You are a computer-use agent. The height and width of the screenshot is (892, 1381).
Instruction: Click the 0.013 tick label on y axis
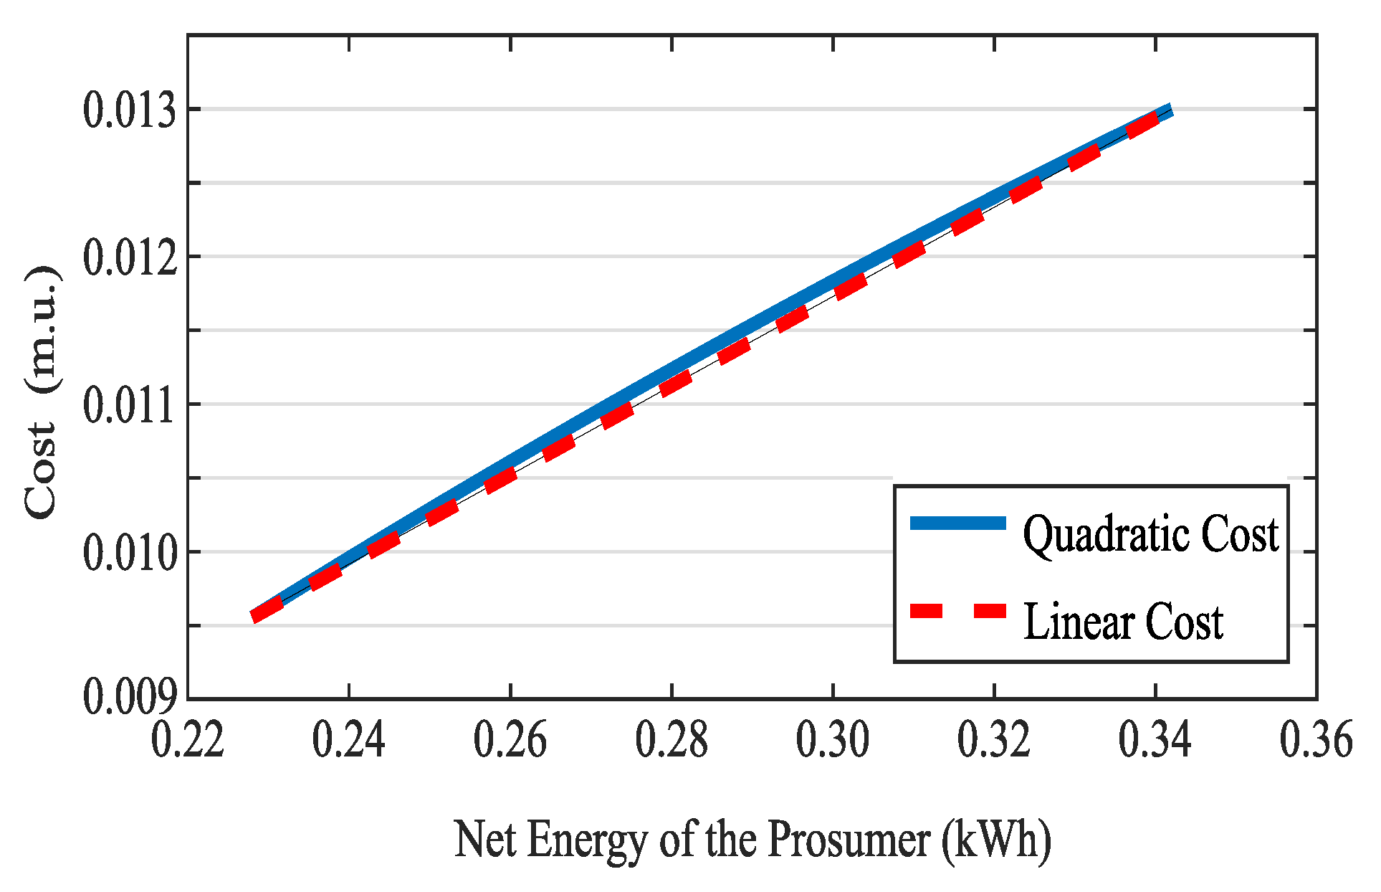tap(130, 111)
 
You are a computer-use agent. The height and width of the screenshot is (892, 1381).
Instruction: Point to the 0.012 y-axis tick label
tap(130, 258)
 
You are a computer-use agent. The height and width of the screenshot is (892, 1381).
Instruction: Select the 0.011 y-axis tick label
tap(130, 406)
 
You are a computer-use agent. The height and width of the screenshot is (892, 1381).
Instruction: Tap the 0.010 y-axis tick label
tap(130, 554)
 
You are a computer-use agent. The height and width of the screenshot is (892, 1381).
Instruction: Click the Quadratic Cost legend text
tap(1150, 535)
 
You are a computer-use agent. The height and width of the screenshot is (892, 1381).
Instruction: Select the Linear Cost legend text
tap(1123, 622)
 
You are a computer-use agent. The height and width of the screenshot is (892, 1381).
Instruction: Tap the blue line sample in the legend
tap(958, 523)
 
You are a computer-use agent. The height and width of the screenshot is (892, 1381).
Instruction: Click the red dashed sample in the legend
tap(958, 611)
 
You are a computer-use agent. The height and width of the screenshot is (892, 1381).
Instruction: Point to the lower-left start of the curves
tap(256, 615)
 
